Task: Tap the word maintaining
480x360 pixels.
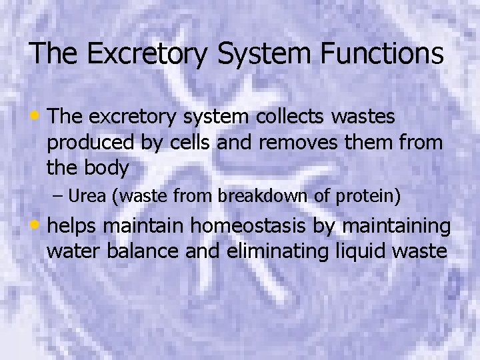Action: pos(396,227)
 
